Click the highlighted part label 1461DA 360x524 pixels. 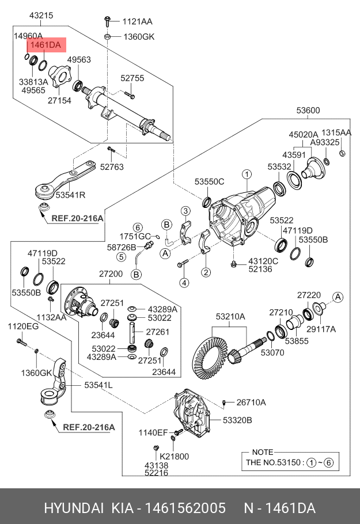click(46, 45)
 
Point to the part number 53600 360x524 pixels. click(308, 111)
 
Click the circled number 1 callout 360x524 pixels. click(246, 173)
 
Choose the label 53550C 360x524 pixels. click(209, 182)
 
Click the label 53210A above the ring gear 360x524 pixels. click(230, 317)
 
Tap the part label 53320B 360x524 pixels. click(237, 421)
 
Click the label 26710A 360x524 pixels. click(251, 403)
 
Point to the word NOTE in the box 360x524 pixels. click(263, 453)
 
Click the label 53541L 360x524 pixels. click(98, 384)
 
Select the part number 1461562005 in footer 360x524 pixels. click(184, 509)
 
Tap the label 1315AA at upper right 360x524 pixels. click(336, 132)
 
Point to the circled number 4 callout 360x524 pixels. click(184, 283)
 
